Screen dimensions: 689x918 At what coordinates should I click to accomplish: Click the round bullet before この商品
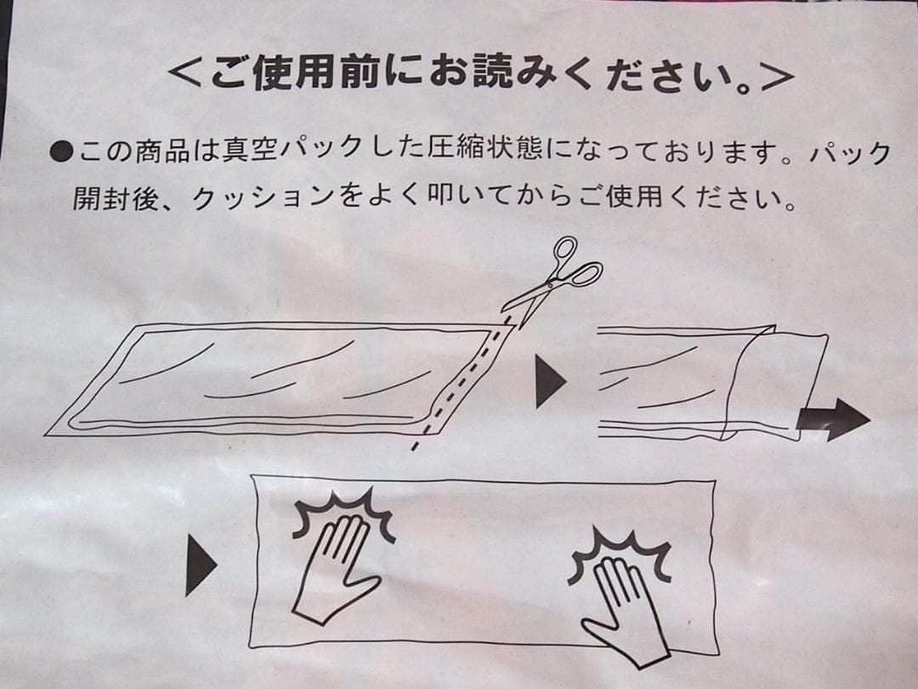pos(62,153)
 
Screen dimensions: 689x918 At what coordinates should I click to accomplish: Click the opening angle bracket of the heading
pos(186,76)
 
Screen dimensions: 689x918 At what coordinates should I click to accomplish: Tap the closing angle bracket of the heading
pos(774,76)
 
